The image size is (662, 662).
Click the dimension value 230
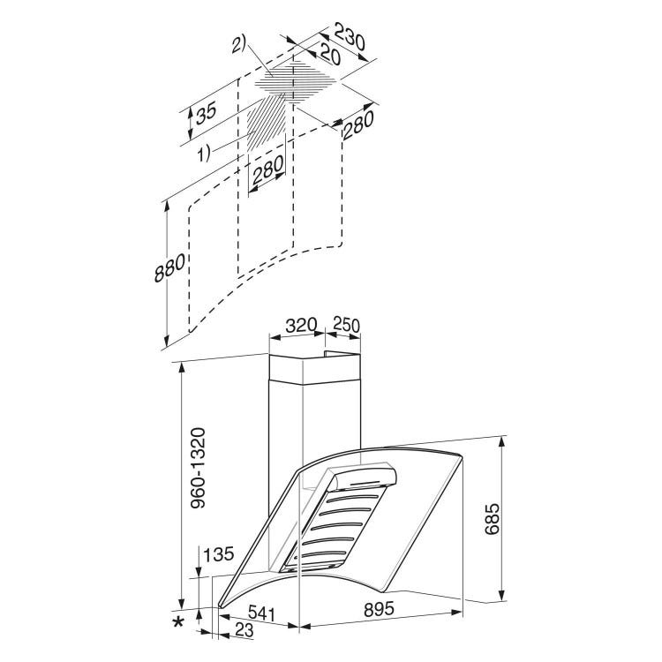pos(350,36)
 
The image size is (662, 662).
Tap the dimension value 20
pos(330,54)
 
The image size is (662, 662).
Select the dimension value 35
pos(207,112)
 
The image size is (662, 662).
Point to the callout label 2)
pos(238,45)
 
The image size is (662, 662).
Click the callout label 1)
pos(205,153)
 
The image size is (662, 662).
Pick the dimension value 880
pos(169,267)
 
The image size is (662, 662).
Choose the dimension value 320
pos(301,326)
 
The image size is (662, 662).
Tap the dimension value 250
pos(347,325)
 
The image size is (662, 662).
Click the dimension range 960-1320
pos(198,468)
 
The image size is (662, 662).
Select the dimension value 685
pos(492,519)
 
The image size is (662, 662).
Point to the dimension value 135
pos(218,554)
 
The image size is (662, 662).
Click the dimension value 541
pos(261,613)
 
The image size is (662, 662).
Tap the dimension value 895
pos(379,608)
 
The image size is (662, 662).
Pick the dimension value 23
pos(244,630)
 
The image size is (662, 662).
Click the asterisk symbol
pos(179,622)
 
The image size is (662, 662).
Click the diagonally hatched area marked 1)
pos(266,122)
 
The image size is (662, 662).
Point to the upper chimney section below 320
pos(314,369)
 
